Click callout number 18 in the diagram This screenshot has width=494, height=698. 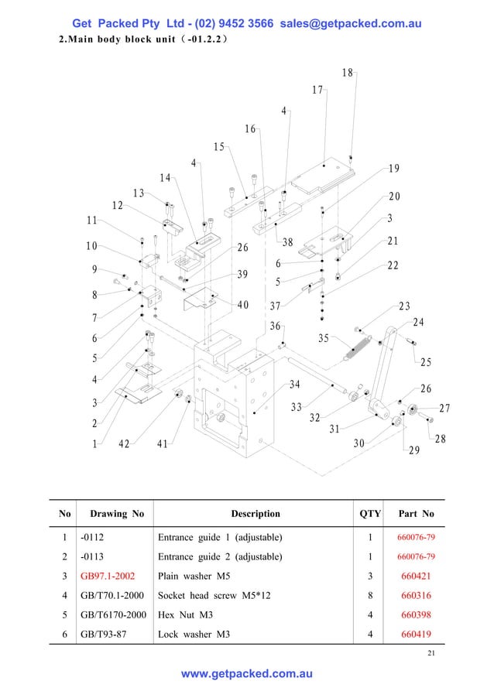(x=347, y=73)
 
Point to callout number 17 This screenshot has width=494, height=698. (x=317, y=90)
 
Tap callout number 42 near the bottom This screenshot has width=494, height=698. (x=124, y=444)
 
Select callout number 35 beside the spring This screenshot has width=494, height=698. (x=324, y=338)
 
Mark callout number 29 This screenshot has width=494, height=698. (x=413, y=450)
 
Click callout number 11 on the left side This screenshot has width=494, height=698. (x=92, y=220)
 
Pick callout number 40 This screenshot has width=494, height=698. (x=242, y=304)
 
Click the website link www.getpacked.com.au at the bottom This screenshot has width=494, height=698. (x=247, y=674)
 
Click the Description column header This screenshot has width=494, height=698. (x=256, y=513)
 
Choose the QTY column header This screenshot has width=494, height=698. (x=370, y=513)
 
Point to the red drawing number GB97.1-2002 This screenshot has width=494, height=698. (x=109, y=577)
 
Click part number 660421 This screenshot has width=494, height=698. (x=416, y=577)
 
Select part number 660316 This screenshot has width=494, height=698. (x=416, y=596)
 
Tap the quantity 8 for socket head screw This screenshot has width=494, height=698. (x=370, y=596)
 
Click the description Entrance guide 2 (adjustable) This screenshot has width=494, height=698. (x=220, y=557)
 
